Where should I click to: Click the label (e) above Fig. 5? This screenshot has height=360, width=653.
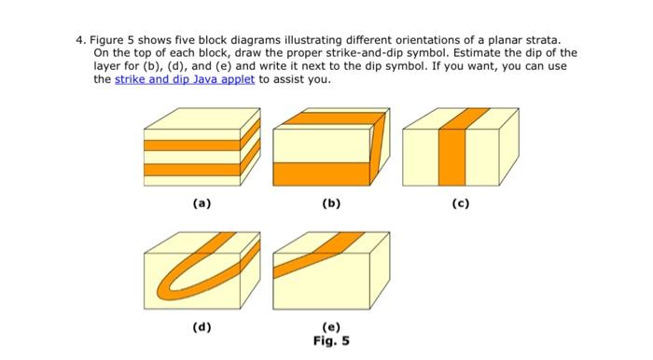[x=330, y=327]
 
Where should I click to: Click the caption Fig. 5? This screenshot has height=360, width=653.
[x=331, y=340]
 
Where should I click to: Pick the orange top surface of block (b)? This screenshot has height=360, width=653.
[x=328, y=118]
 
